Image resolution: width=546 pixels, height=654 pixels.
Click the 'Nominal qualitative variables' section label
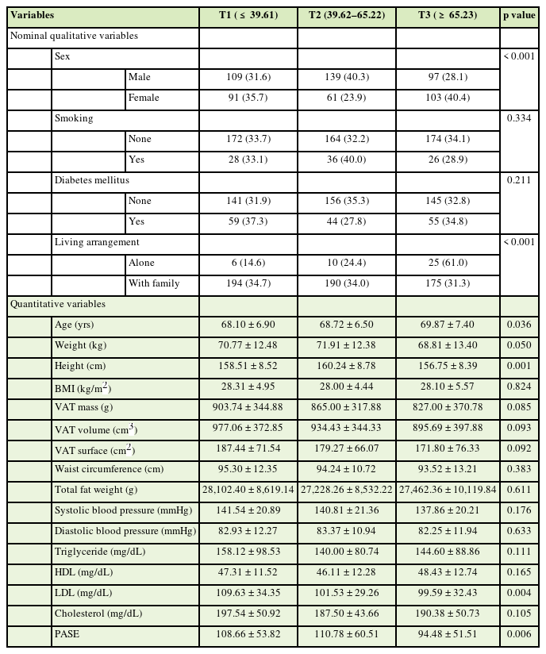[74, 36]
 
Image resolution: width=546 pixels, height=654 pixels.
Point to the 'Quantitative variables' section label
[57, 304]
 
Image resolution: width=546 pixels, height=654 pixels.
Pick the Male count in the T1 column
[248, 77]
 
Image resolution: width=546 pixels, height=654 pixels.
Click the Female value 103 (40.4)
[448, 98]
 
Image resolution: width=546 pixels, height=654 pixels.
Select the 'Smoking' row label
[74, 118]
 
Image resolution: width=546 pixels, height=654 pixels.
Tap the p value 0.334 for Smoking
[518, 118]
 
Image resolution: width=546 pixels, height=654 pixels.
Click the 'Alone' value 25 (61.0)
[448, 263]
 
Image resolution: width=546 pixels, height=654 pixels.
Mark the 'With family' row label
[154, 283]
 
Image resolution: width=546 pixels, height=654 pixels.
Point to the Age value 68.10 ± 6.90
[248, 325]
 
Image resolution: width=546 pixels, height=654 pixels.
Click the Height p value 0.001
[518, 366]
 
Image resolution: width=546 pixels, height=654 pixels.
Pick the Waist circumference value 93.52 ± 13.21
[448, 469]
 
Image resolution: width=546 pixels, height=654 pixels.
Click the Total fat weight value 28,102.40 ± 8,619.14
[248, 490]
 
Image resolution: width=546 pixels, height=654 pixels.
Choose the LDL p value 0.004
[518, 593]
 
